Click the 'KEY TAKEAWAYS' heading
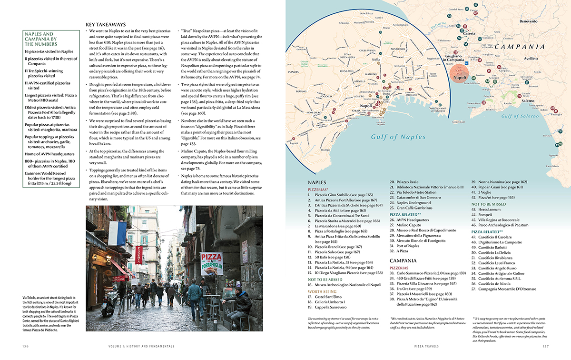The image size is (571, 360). tap(106, 24)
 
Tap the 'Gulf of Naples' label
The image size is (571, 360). tap(399, 137)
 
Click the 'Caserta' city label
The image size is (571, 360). tap(469, 33)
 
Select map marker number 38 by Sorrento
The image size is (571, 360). tap(483, 102)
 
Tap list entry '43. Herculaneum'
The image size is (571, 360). tap(487, 210)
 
